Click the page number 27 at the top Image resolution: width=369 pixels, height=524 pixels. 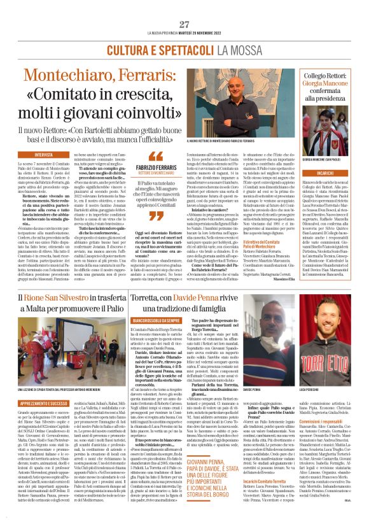[x=184, y=24]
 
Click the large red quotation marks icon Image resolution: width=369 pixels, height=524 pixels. [x=155, y=157]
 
